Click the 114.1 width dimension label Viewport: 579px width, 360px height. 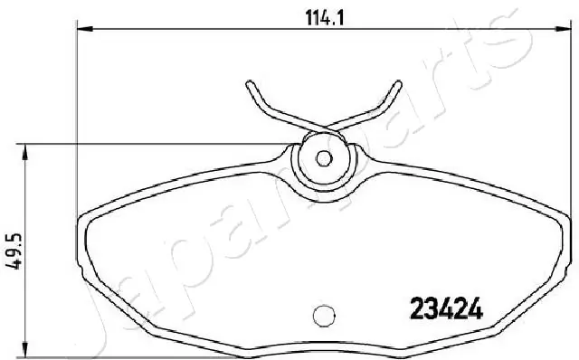click(x=325, y=17)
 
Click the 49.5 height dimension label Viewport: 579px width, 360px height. click(x=14, y=251)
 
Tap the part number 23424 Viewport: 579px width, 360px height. click(x=446, y=308)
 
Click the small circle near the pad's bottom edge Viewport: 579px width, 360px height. click(x=324, y=316)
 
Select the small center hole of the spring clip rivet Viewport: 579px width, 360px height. click(x=324, y=158)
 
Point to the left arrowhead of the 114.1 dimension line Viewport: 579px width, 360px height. click(x=85, y=28)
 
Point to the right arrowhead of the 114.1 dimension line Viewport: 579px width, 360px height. click(x=564, y=28)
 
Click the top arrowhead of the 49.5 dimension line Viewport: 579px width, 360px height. click(x=24, y=152)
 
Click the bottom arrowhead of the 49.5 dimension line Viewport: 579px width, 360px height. click(x=24, y=349)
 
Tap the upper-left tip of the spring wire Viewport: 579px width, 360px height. click(x=250, y=83)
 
